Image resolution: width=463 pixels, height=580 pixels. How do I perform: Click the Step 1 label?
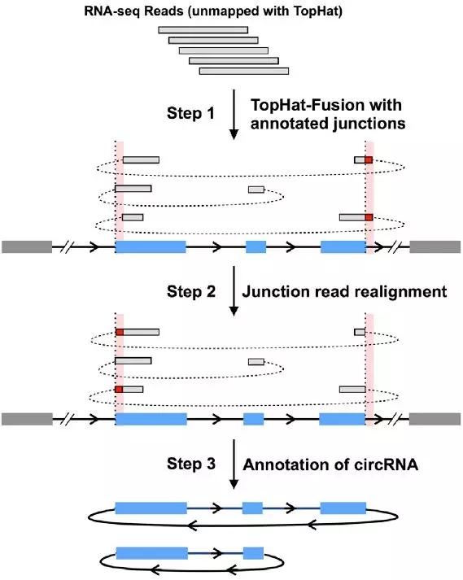190,113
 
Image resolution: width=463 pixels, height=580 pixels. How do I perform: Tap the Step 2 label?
191,291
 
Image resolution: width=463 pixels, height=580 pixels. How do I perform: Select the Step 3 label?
191,464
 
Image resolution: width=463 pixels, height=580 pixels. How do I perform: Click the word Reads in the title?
164,11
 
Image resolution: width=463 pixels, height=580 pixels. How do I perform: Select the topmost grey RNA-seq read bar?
203,30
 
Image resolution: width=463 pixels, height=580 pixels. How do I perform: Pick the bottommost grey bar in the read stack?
244,71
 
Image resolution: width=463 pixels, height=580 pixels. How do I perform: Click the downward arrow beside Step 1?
234,115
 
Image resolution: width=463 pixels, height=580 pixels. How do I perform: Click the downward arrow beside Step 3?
234,464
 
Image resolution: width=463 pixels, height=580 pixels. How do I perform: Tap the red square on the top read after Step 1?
369,159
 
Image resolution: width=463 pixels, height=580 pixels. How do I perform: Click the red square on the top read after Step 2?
120,332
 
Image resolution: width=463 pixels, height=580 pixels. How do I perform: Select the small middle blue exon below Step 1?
256,246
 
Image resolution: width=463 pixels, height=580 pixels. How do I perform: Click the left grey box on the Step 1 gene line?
27,246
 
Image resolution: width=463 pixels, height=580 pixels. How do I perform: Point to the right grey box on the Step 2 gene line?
435,419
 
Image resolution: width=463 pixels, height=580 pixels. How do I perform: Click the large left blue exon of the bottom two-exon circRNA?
152,553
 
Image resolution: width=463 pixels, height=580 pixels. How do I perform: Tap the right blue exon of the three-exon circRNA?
343,508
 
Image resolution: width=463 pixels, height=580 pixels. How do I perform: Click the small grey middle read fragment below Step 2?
256,361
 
